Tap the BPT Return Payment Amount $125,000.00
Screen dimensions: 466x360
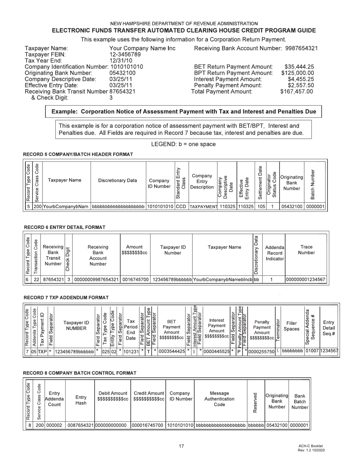point(297,73)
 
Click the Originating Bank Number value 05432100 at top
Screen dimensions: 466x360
point(122,73)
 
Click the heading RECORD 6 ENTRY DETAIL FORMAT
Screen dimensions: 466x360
point(64,227)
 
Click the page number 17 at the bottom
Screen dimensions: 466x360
point(181,446)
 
